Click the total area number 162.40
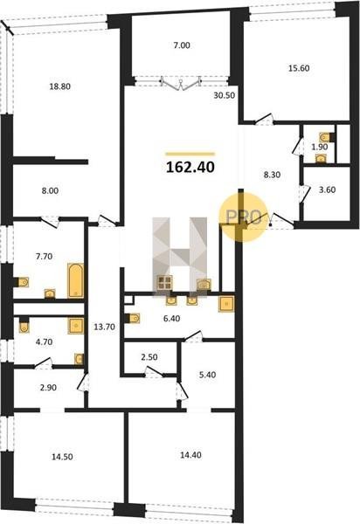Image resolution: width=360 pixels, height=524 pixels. point(190,167)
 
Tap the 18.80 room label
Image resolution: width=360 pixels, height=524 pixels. point(59,86)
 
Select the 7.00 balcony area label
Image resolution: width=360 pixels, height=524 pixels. point(182,45)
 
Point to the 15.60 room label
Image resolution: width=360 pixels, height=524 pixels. point(299,68)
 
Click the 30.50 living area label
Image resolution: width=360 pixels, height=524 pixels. point(225,95)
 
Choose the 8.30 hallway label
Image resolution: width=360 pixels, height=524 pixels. point(272,175)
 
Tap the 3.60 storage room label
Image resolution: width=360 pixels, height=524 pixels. point(328,190)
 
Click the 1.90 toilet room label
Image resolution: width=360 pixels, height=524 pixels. point(320,147)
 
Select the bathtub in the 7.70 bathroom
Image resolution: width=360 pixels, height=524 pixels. point(75,280)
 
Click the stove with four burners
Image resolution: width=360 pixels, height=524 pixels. point(165,282)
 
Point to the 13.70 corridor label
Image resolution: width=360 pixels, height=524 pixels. point(104,327)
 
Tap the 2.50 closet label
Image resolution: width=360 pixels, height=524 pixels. point(149,357)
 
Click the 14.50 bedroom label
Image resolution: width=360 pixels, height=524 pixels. point(62,457)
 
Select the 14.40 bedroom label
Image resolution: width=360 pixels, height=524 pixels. point(190,455)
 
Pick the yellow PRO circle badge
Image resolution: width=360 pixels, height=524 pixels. point(243,217)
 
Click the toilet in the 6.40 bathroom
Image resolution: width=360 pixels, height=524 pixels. point(133,318)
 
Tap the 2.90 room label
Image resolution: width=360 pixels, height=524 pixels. point(48,388)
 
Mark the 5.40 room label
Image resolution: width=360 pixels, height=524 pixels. point(207,375)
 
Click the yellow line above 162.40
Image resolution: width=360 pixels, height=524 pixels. point(190,154)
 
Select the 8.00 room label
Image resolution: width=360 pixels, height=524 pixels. point(50,190)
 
